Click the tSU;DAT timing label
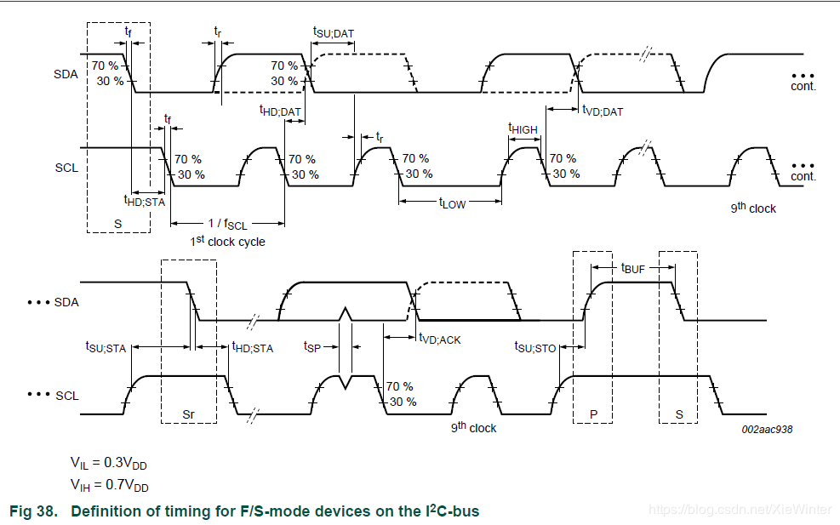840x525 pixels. [x=334, y=32]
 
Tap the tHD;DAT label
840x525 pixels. [x=280, y=111]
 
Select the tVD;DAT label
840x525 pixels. [x=603, y=111]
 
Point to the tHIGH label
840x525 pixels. [x=523, y=128]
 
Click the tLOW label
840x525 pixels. [x=453, y=203]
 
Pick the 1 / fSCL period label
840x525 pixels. [x=228, y=224]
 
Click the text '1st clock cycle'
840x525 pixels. [x=228, y=241]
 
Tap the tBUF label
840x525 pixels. [x=632, y=268]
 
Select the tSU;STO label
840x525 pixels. [x=535, y=347]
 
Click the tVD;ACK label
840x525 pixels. [x=440, y=340]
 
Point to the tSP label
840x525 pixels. [x=312, y=347]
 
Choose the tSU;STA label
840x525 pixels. [x=106, y=347]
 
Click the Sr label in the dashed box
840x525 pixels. [x=188, y=414]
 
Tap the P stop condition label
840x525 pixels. [x=593, y=414]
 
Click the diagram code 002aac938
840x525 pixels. [x=767, y=429]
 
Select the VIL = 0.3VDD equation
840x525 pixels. [x=109, y=463]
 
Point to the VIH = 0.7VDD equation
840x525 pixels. [x=109, y=485]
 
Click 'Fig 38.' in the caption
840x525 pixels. [x=34, y=511]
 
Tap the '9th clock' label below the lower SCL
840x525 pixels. [x=473, y=427]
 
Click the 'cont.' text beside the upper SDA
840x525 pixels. [x=803, y=86]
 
